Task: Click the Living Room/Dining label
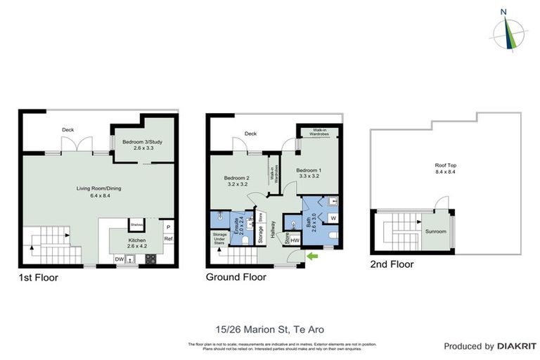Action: [x=98, y=192]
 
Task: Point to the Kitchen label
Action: [x=137, y=243]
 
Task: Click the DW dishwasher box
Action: [x=120, y=259]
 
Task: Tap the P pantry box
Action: [x=168, y=227]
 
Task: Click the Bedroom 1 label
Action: [x=309, y=174]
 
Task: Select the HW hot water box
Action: [x=295, y=241]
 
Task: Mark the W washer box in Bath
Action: [x=333, y=218]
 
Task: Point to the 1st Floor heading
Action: [x=39, y=278]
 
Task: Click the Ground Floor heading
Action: [x=236, y=278]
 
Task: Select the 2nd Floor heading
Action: [x=392, y=264]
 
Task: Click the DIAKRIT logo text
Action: [x=517, y=346]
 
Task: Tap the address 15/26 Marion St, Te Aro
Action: [x=269, y=328]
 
